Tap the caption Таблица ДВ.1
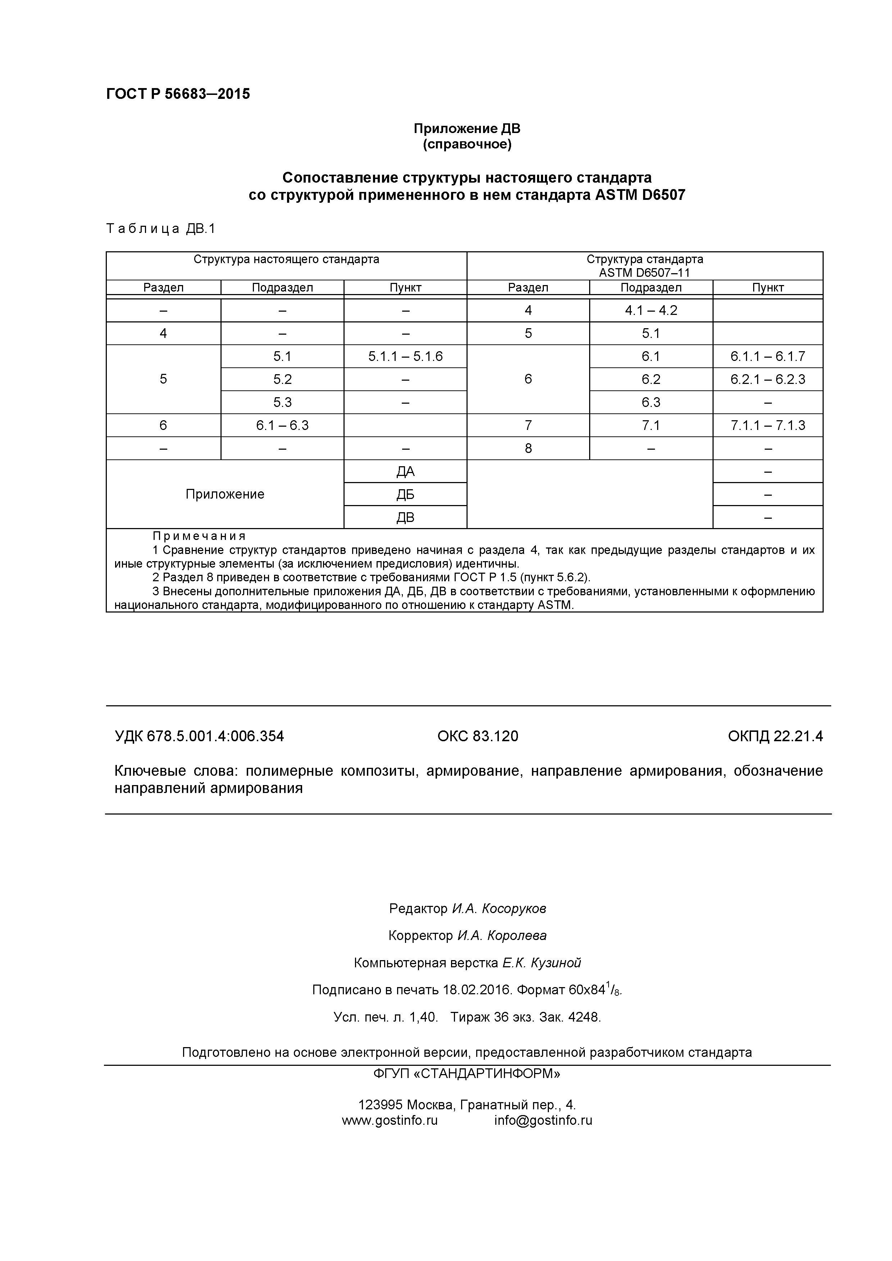(160, 229)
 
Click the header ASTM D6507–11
(644, 272)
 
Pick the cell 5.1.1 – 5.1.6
(405, 357)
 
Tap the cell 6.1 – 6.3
(282, 425)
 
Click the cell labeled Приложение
(225, 494)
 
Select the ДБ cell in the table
(405, 494)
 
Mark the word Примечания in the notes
(199, 536)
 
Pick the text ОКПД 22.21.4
(775, 736)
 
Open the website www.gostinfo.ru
(389, 1120)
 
